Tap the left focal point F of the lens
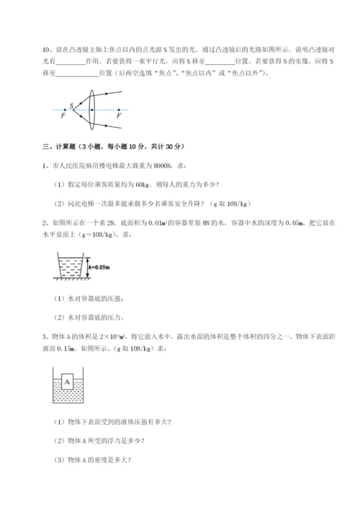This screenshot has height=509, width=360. pos(63,114)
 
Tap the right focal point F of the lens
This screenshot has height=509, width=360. pos(118,114)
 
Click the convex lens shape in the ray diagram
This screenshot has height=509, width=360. pos(91,109)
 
